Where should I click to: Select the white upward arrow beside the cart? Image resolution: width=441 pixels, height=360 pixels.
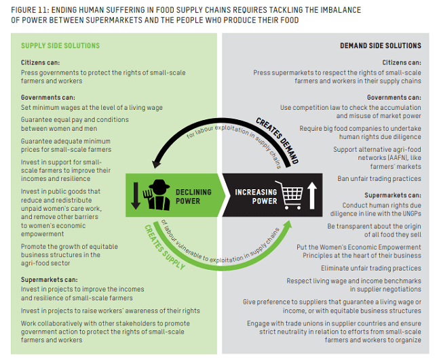click(312, 195)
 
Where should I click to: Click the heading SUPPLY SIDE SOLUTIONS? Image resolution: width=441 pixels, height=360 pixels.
click(60, 46)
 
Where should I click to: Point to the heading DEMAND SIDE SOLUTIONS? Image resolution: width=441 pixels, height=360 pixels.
click(380, 46)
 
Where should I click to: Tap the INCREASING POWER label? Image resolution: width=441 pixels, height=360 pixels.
click(256, 196)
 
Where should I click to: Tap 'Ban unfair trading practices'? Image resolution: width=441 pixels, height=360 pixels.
click(379, 179)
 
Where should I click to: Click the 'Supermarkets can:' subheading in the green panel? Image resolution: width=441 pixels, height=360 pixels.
click(49, 280)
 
